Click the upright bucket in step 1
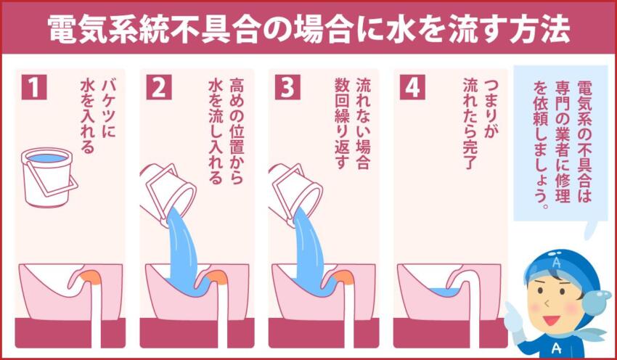click(x=47, y=176)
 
